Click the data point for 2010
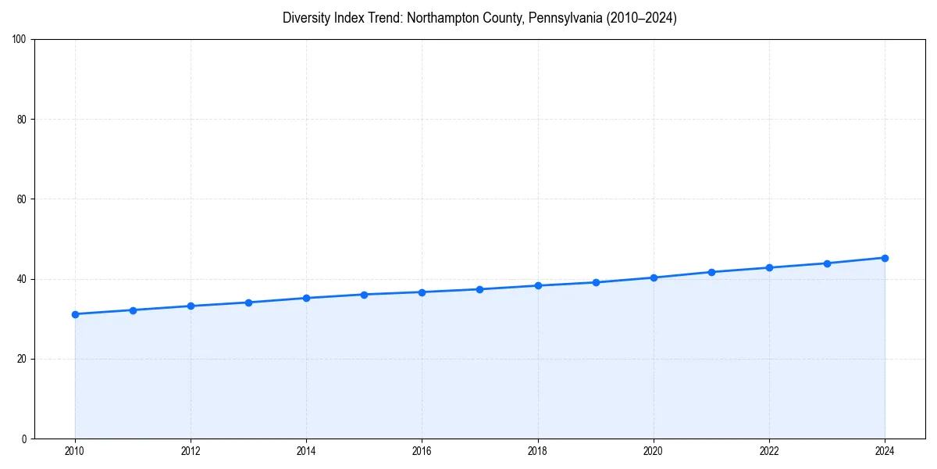pos(75,314)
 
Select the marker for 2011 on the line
pos(133,310)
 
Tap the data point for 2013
pos(248,303)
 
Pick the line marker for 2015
pos(364,295)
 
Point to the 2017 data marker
pos(479,289)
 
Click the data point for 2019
pos(596,282)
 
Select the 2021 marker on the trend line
pos(711,272)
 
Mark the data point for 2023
pos(827,263)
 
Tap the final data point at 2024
pos(885,258)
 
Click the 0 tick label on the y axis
pos(25,439)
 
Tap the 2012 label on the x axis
pos(191,451)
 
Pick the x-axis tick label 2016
pos(422,451)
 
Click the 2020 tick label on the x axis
pos(654,451)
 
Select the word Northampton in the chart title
pos(441,18)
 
